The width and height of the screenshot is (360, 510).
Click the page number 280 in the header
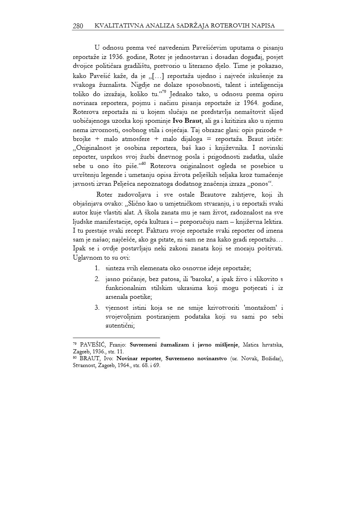coord(78,26)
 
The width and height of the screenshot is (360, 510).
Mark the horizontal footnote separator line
coord(116,337)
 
